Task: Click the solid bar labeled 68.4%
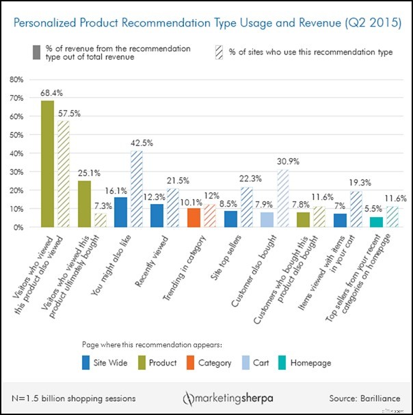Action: [48, 164]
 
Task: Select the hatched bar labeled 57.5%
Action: [63, 174]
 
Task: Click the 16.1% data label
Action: [120, 192]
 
